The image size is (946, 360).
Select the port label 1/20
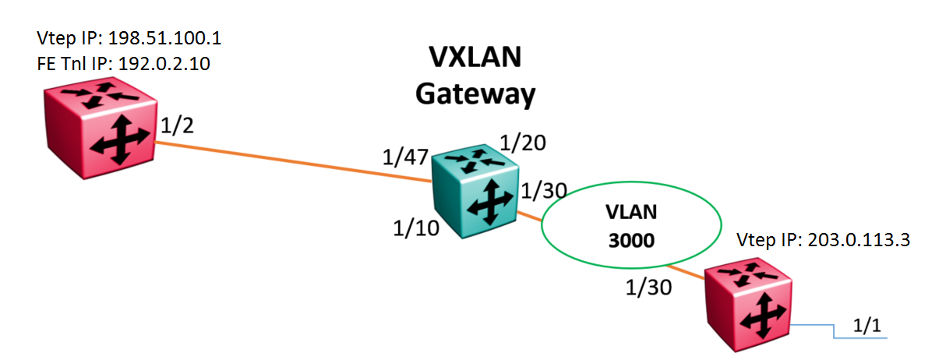tap(521, 143)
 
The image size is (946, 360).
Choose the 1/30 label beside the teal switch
tap(542, 190)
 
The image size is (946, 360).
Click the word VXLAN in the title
tap(476, 58)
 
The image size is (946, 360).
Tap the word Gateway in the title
tap(475, 94)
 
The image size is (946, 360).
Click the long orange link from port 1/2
tap(296, 161)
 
